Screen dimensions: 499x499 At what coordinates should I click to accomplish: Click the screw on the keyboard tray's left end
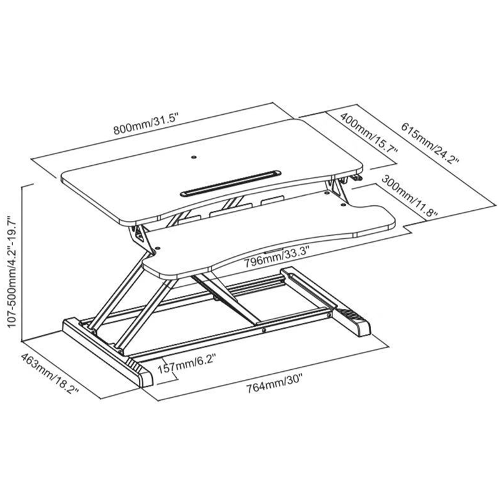(x=156, y=252)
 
